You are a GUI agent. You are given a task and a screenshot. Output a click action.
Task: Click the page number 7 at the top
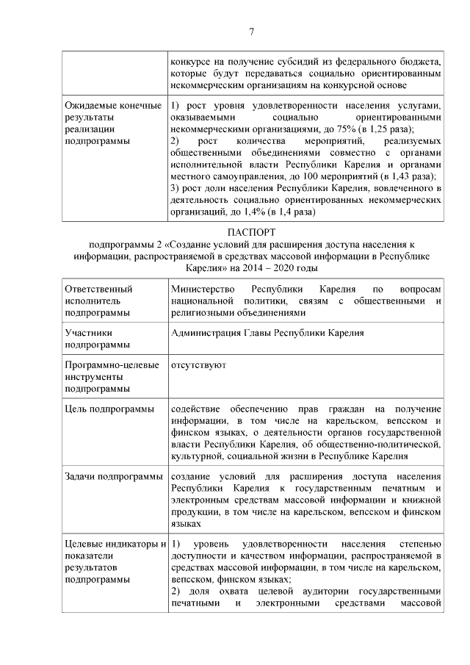click(251, 31)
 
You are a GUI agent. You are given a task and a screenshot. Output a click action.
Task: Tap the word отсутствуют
click(198, 364)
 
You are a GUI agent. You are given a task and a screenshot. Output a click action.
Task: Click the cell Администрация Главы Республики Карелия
click(267, 333)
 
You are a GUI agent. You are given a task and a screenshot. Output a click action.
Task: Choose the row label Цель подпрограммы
click(109, 409)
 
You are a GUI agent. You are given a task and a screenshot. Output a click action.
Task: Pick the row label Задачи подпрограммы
click(113, 477)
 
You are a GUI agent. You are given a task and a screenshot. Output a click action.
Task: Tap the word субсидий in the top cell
click(295, 62)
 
